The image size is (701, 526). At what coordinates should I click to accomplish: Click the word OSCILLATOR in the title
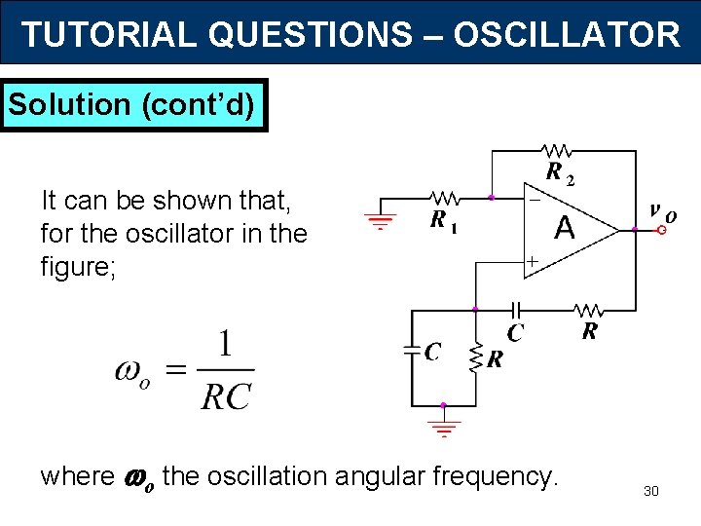point(566,35)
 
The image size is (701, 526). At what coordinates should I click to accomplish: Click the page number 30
point(651,491)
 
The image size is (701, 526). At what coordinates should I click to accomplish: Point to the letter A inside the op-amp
point(564,228)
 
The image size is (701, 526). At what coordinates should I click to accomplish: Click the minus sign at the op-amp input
point(534,199)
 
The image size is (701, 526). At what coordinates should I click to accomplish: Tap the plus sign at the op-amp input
point(533,261)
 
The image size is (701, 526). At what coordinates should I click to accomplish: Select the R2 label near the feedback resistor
point(559,174)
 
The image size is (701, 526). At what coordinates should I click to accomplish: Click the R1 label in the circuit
point(444,220)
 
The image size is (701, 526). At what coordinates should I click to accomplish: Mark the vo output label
point(662,211)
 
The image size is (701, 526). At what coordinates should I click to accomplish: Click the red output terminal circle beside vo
point(662,231)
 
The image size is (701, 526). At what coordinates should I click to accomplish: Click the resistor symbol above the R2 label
point(558,151)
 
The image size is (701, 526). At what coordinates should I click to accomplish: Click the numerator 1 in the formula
point(226,347)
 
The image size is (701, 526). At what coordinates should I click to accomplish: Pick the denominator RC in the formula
point(226,394)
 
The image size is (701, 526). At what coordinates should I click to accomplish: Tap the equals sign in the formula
point(176,370)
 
